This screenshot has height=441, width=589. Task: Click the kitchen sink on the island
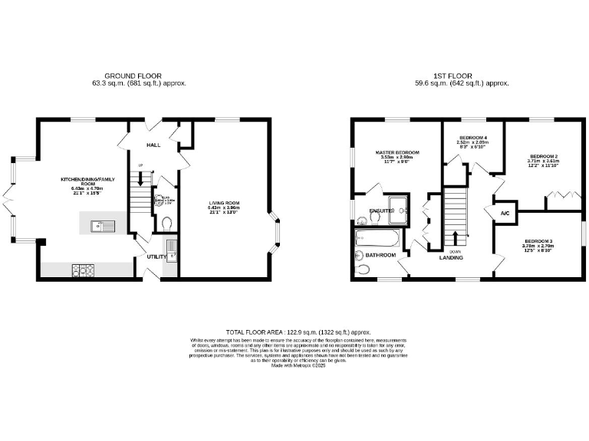click(101, 226)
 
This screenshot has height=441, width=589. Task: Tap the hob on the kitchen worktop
click(83, 269)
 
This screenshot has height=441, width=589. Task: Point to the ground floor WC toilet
click(167, 224)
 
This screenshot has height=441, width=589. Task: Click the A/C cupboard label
click(505, 213)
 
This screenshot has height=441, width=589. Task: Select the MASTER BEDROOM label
click(397, 152)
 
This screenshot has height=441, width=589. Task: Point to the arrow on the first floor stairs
click(456, 237)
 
